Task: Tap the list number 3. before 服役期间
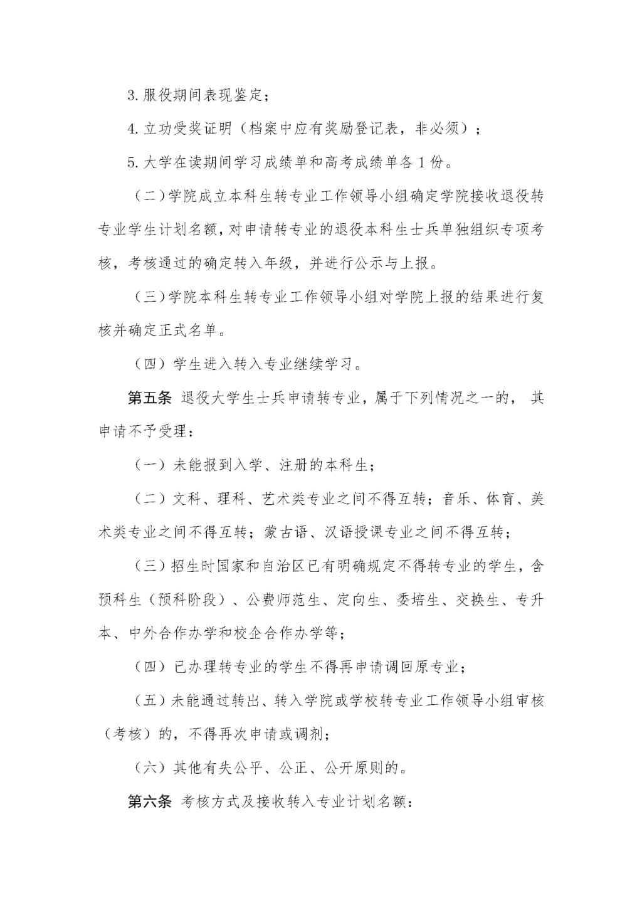[x=133, y=95]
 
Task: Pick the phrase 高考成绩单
[x=364, y=162]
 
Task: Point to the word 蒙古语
[x=287, y=532]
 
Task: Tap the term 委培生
[x=418, y=599]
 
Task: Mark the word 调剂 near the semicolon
[x=306, y=734]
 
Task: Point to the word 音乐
[x=456, y=499]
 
